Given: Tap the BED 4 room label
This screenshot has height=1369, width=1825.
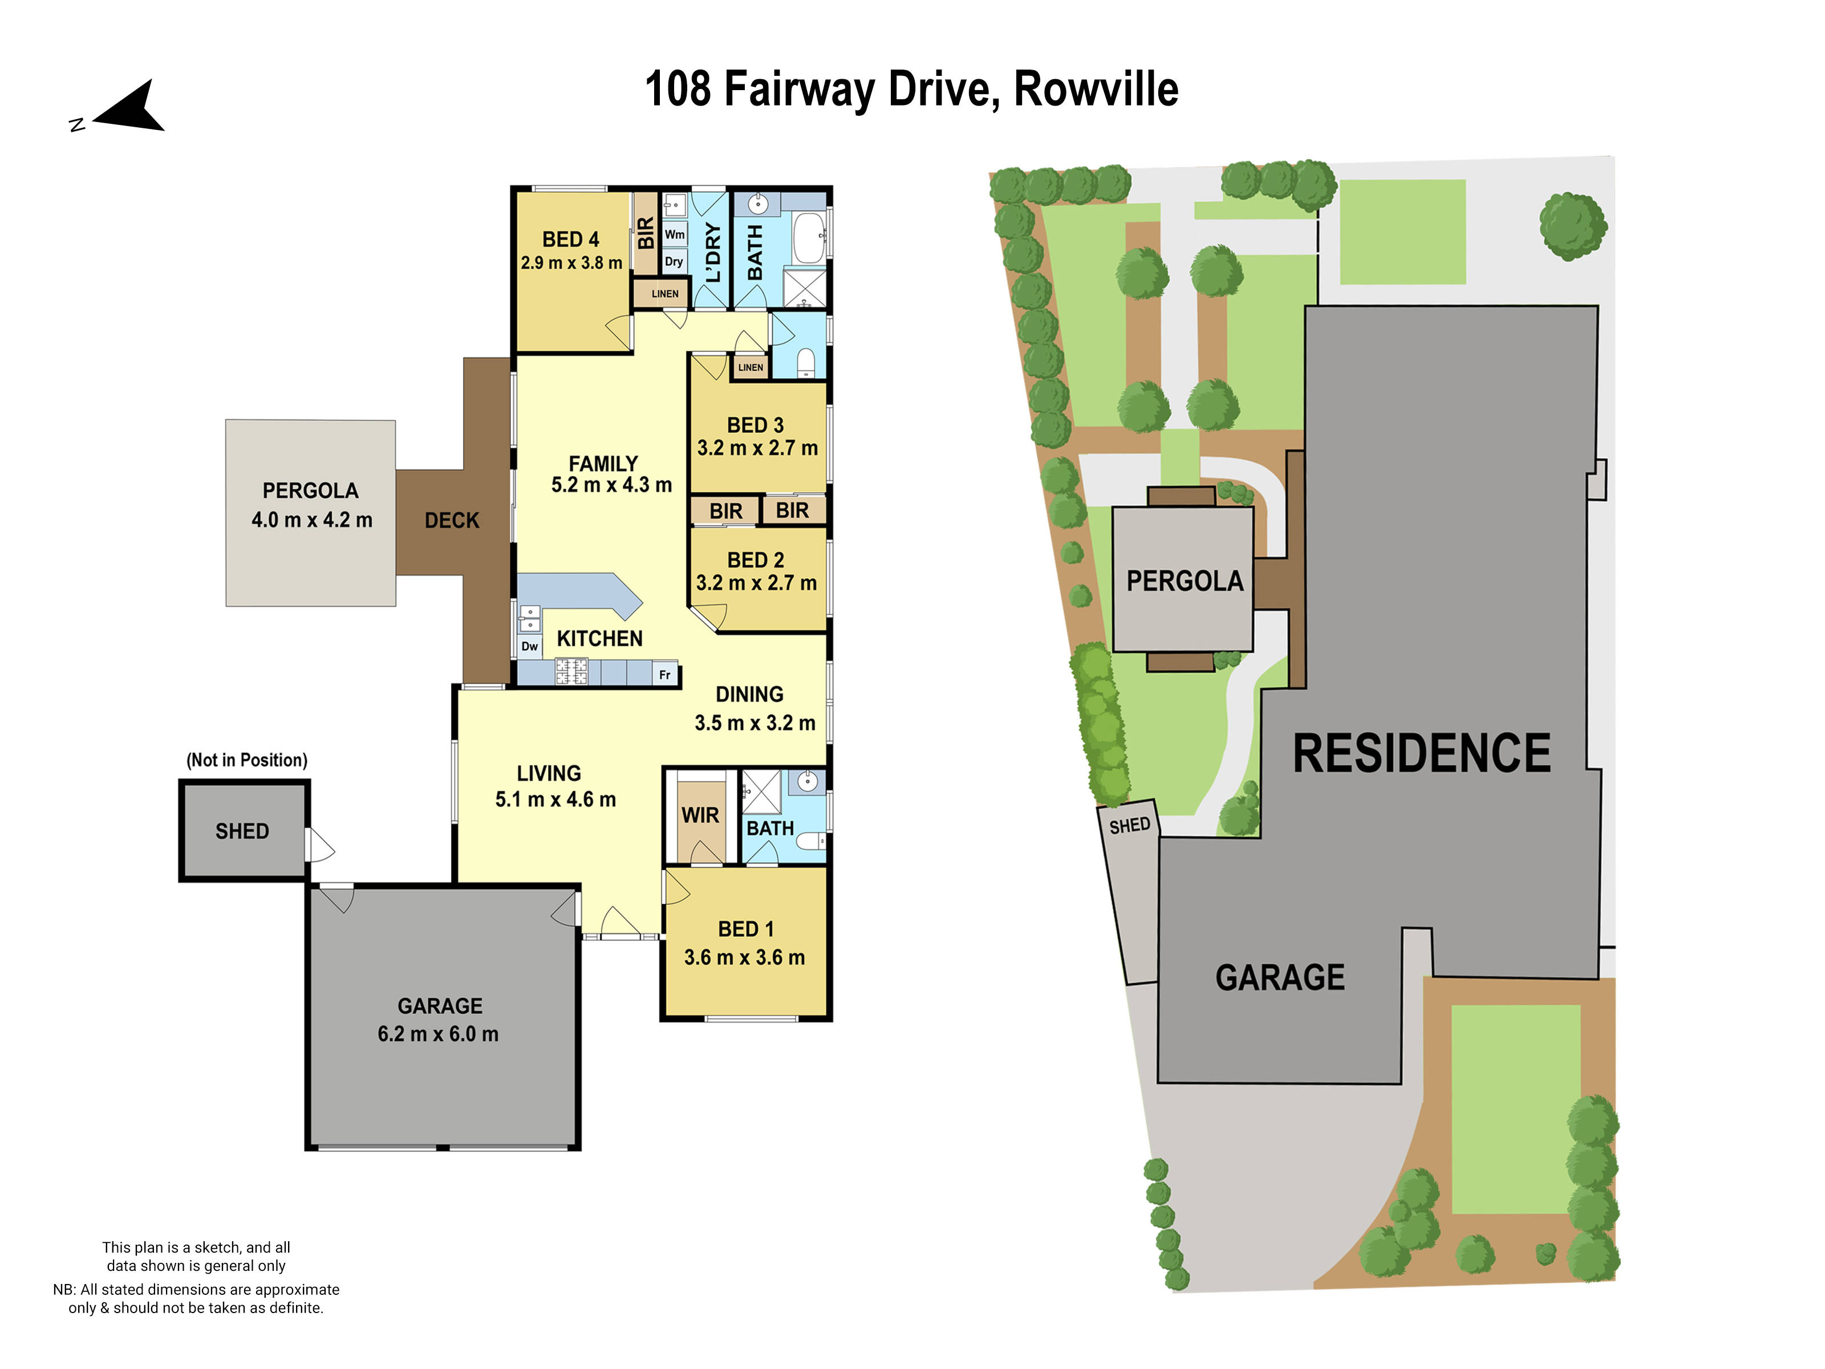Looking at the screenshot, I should (570, 240).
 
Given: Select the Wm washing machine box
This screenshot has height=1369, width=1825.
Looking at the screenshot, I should (674, 234).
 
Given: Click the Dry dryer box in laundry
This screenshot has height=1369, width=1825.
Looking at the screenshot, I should (674, 262).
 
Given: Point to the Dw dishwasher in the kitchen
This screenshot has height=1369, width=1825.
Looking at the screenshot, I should (529, 646).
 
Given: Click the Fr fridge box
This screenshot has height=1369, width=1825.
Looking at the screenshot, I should (665, 674).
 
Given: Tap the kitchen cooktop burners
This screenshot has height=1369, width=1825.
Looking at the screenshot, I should (571, 671).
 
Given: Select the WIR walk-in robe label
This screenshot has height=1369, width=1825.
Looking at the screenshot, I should (700, 815).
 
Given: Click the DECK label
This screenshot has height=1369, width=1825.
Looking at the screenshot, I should (451, 521).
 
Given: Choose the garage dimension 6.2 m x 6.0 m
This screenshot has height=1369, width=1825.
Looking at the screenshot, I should (438, 1034).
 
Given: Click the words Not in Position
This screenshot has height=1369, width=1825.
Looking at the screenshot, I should (247, 760).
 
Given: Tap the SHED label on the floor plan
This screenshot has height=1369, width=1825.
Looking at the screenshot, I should (242, 831).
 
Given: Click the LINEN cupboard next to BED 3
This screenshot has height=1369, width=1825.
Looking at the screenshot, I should (750, 367).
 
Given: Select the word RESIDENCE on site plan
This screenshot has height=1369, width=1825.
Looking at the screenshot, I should (1421, 754).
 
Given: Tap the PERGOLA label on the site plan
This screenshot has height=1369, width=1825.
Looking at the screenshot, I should (1184, 581).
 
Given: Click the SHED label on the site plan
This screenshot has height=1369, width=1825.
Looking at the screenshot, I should (1129, 825).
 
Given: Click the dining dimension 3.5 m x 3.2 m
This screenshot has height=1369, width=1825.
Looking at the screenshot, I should (754, 723).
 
